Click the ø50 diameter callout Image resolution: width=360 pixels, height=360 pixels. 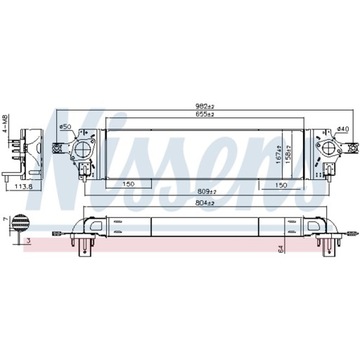point(65,127)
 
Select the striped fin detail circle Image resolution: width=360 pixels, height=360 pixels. point(21,226)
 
